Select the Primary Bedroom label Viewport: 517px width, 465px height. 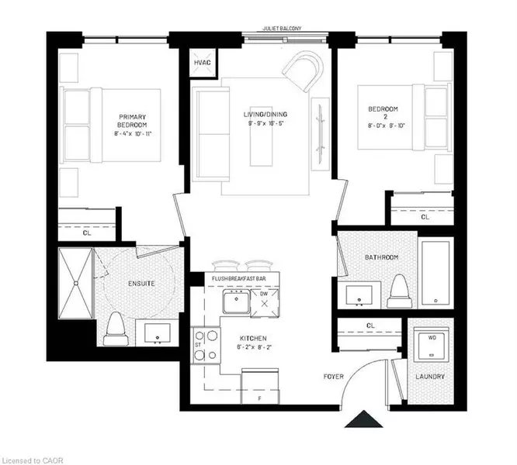[x=132, y=120]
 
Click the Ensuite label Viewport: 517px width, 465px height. [x=141, y=284]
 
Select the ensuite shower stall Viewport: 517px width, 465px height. [x=75, y=284]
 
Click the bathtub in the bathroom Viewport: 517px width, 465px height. [x=436, y=272]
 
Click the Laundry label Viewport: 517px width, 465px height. [x=429, y=377]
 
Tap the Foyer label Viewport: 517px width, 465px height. [x=335, y=377]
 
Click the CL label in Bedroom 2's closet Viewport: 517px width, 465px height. [x=425, y=218]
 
